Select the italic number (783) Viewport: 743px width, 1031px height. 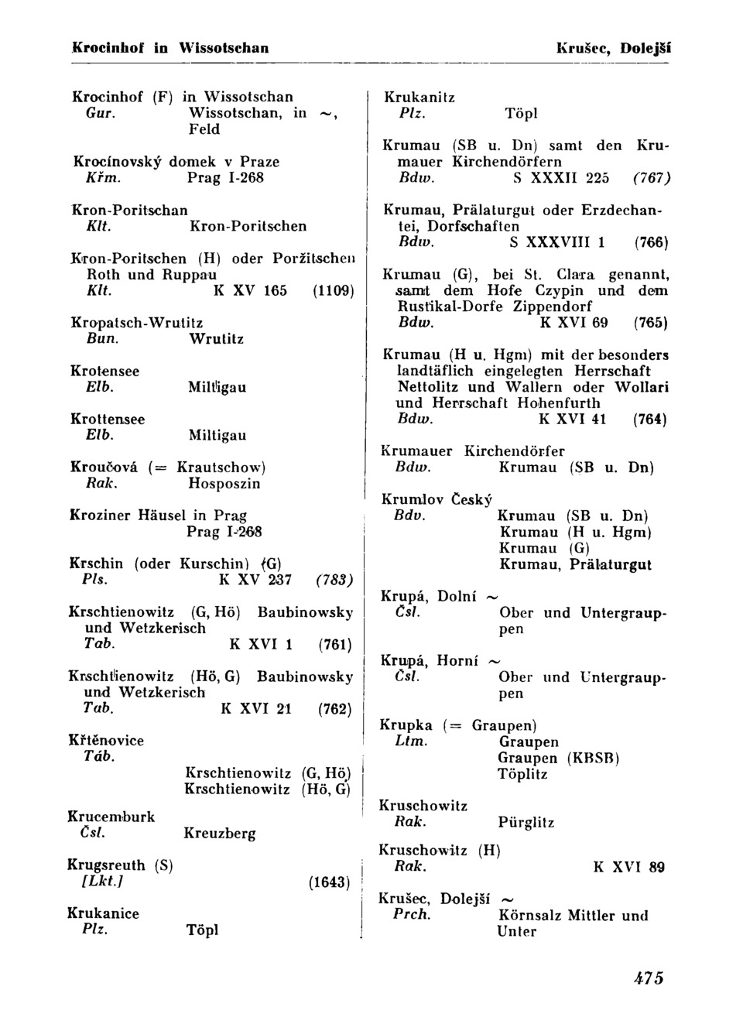tap(334, 580)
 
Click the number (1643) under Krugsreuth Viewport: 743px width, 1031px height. tap(330, 882)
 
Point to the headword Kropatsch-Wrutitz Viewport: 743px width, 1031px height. tap(136, 323)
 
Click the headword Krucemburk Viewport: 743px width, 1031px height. tap(111, 817)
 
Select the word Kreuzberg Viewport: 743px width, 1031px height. tap(220, 834)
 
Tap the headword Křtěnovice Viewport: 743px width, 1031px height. tap(106, 741)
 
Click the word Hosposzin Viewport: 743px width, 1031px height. tap(224, 484)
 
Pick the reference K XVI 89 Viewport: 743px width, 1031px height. tap(628, 868)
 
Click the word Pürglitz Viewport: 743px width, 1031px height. tap(526, 823)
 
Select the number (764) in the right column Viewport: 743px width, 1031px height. tap(650, 420)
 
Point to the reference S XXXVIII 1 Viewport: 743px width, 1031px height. tap(558, 243)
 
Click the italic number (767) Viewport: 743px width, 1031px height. tap(652, 178)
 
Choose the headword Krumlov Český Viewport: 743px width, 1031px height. tap(437, 500)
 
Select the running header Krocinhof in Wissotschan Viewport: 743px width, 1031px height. tap(170, 48)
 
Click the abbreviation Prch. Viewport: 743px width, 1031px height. tap(412, 915)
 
